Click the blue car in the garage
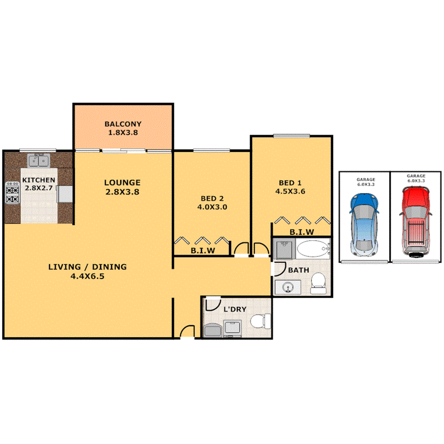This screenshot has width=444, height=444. [364, 223]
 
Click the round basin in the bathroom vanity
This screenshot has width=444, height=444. [288, 287]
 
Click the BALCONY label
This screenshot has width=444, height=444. [123, 125]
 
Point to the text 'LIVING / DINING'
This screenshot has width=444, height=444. [88, 267]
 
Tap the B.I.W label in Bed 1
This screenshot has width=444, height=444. [302, 232]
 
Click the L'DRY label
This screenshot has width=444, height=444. [235, 309]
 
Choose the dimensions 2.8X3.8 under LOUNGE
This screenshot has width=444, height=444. [122, 192]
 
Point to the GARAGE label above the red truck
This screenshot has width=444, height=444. [416, 176]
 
